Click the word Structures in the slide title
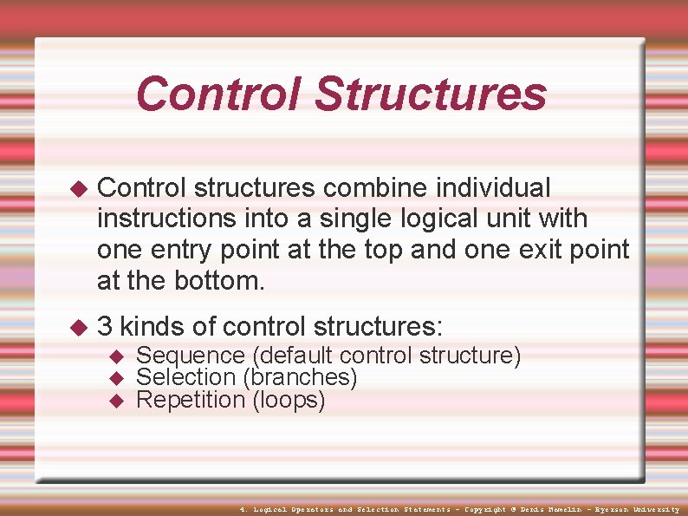430,94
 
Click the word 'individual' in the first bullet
493,187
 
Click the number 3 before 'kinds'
105,327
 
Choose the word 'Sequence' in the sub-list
191,356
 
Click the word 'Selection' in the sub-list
186,377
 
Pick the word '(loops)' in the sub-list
289,400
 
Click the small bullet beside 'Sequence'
120,356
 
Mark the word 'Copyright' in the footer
485,509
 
